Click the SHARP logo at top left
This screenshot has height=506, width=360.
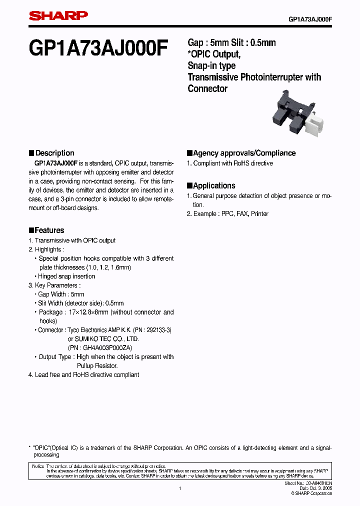[x=58, y=16]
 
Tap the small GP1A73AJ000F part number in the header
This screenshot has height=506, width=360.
[x=310, y=19]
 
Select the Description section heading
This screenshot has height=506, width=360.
[x=54, y=153]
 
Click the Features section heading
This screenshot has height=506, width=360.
[x=49, y=230]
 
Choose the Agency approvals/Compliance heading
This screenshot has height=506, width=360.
[x=244, y=153]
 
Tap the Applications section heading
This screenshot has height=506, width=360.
[x=214, y=185]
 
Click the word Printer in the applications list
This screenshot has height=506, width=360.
[x=259, y=213]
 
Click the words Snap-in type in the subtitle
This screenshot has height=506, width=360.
[x=211, y=65]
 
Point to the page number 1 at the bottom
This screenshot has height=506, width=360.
[x=179, y=488]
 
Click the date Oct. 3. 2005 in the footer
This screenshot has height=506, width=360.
[x=315, y=488]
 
